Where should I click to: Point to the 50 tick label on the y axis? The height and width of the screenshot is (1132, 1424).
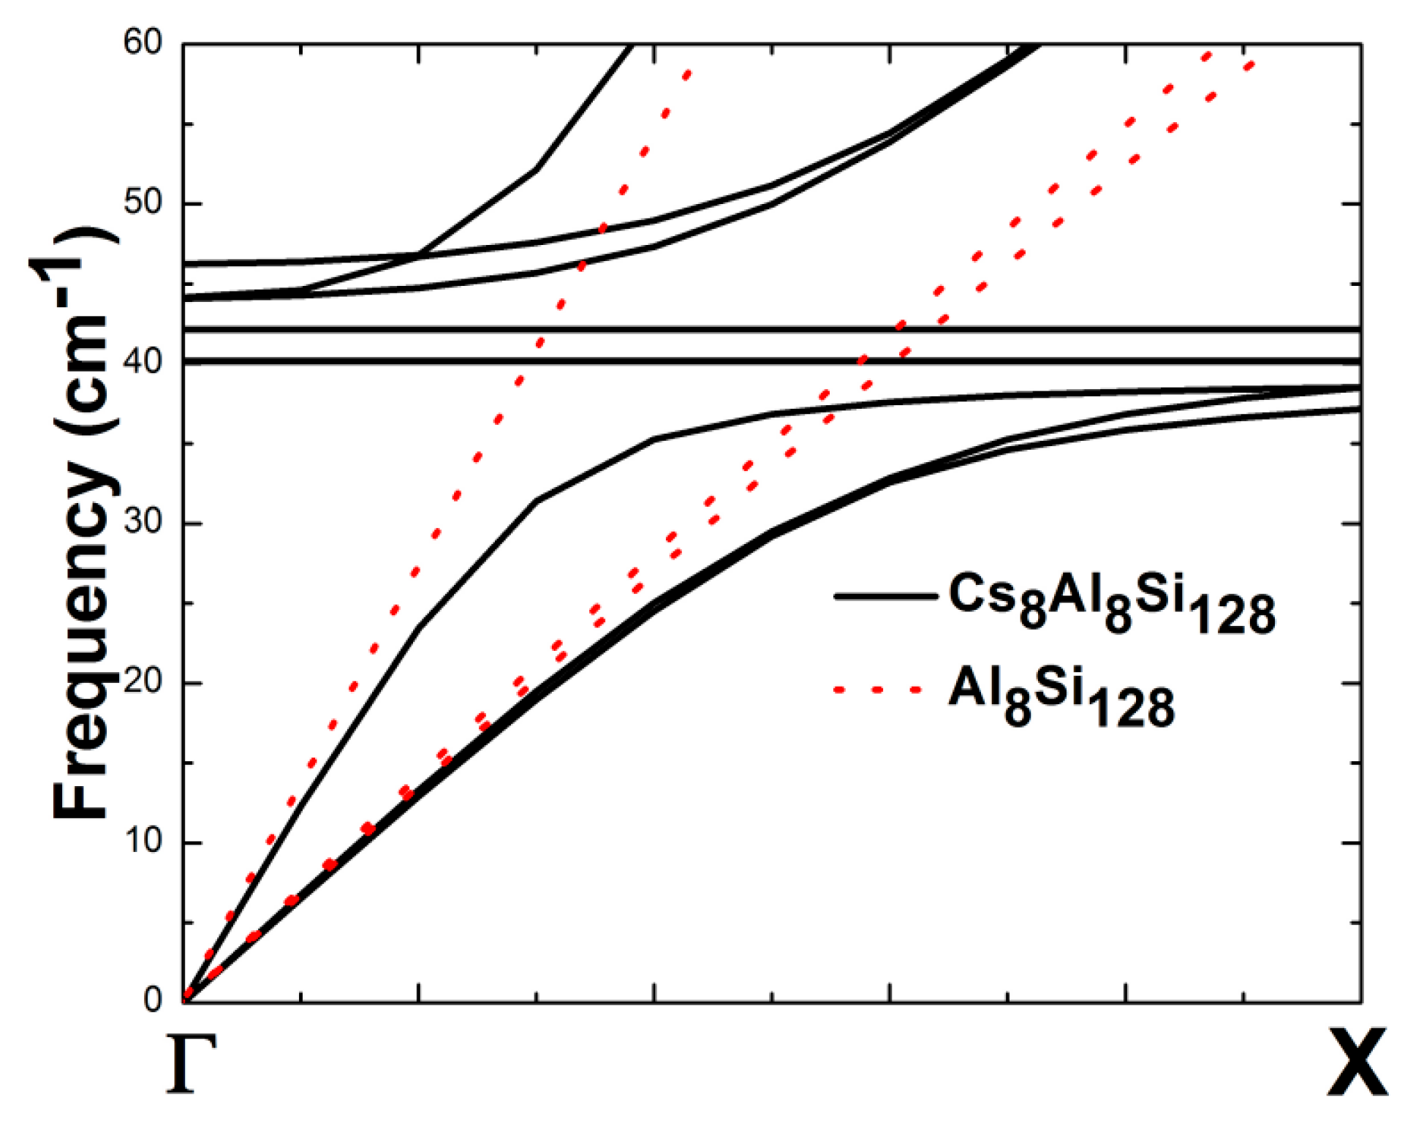143,203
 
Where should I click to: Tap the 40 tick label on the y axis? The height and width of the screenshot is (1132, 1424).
143,362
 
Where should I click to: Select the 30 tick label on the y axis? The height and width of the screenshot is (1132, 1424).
143,522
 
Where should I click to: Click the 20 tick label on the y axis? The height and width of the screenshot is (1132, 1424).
143,682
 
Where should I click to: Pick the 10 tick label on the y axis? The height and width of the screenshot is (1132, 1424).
143,841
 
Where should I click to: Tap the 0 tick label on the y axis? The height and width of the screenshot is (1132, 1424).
153,1000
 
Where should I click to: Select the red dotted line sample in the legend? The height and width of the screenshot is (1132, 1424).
877,690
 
